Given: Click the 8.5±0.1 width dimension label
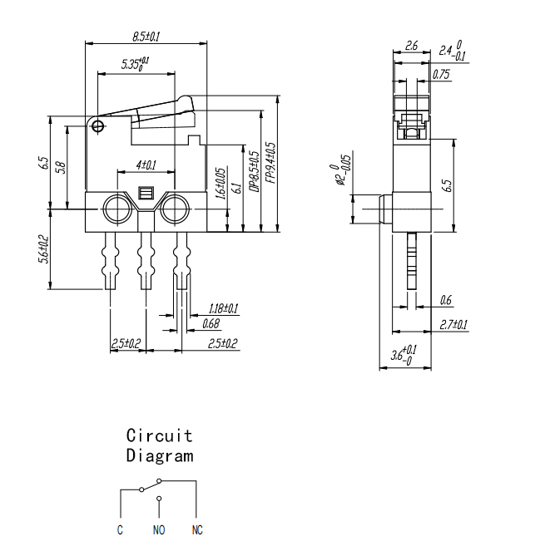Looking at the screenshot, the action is (146, 37).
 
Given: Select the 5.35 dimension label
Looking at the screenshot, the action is (136, 63).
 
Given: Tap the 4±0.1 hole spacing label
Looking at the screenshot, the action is (146, 165).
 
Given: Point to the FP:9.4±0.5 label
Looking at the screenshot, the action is (270, 163).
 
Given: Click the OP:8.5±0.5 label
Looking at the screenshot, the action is (255, 172).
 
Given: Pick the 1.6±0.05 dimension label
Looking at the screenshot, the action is (220, 184).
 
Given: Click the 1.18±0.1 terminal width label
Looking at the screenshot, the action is (224, 308).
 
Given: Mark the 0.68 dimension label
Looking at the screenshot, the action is (211, 324).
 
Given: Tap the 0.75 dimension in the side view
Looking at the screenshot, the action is (441, 74).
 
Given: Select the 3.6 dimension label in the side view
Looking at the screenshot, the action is (404, 355).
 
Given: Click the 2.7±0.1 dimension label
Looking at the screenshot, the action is (453, 325).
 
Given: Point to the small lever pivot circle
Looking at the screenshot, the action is (98, 126).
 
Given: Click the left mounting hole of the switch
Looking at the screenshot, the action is (117, 209).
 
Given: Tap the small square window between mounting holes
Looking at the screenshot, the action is (146, 193).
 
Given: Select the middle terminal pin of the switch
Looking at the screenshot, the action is (146, 261).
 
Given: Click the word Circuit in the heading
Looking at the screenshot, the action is (160, 435).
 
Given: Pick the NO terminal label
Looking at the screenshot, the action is (159, 530).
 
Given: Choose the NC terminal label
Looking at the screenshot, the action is (197, 530).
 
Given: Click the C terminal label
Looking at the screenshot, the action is (120, 530).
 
